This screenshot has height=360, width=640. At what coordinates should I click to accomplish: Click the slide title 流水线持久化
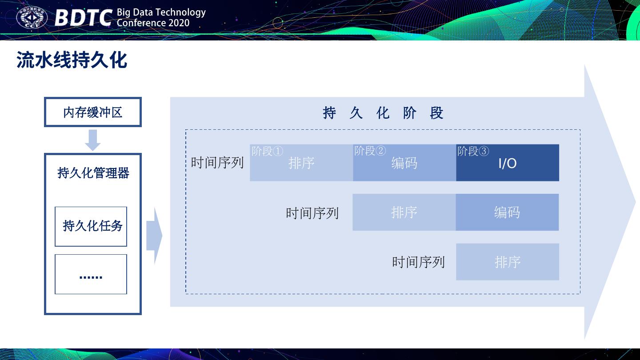tap(72, 60)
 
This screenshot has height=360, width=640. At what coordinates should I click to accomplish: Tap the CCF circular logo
tap(32, 18)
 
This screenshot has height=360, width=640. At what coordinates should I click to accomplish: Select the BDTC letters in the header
tap(83, 18)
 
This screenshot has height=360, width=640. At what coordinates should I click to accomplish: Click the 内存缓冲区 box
tap(92, 112)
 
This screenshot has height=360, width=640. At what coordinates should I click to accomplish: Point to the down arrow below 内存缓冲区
tap(92, 140)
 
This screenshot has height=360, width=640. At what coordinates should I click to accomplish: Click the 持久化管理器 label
tap(93, 173)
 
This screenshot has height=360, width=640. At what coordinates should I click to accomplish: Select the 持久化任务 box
tap(91, 226)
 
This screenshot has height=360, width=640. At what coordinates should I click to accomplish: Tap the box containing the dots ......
tap(91, 274)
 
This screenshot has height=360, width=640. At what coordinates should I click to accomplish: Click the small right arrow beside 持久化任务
tap(154, 236)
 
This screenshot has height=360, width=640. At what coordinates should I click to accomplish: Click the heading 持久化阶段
tap(383, 113)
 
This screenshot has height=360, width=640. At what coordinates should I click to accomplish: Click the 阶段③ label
tap(473, 151)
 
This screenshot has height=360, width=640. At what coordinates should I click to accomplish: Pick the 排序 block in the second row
tap(404, 212)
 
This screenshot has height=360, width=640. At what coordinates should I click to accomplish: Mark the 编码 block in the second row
tap(507, 212)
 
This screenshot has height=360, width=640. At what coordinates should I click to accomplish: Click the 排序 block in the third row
tap(507, 262)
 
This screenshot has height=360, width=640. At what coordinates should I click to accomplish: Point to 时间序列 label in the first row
tap(217, 163)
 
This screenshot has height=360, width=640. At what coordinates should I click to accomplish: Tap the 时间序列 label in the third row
tap(418, 262)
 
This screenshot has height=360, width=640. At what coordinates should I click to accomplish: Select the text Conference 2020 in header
tap(153, 23)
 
